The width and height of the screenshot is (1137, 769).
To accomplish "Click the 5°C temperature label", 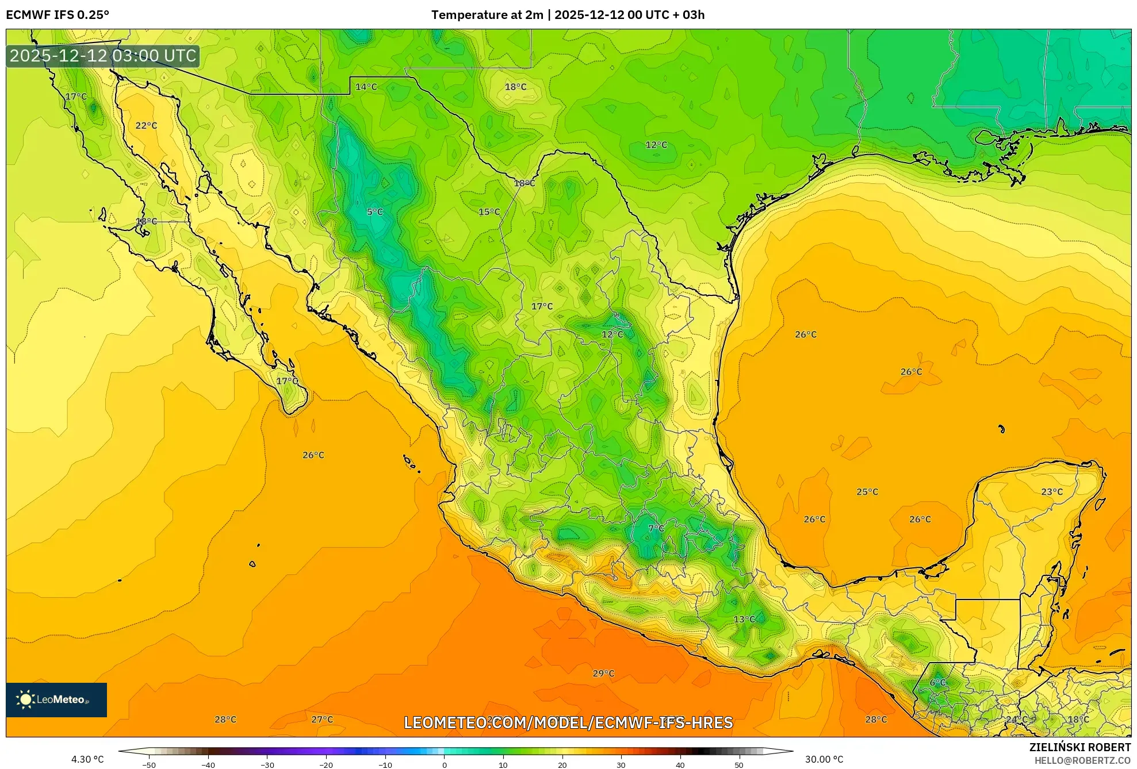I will (x=374, y=212).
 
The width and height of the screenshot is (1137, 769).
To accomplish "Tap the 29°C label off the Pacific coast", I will (x=603, y=674).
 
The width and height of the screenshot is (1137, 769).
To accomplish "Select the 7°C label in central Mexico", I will (x=656, y=529).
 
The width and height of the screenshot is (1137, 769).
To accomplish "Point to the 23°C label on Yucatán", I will (x=1052, y=492).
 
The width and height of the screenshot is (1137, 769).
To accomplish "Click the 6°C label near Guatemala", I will (x=937, y=683).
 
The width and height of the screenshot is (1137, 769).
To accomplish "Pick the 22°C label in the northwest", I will (x=146, y=126).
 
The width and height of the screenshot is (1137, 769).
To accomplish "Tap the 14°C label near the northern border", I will (x=366, y=87).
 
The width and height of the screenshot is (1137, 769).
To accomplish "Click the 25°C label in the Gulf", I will (x=867, y=492).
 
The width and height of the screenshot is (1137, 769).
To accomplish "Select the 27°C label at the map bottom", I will (x=322, y=720).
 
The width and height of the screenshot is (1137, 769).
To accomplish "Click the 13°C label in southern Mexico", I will (x=744, y=620).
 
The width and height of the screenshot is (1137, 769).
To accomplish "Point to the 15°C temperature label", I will (x=489, y=212).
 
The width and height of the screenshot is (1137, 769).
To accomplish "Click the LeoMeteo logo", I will (x=56, y=699).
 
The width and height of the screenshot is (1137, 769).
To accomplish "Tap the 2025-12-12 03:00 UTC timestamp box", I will (x=103, y=56).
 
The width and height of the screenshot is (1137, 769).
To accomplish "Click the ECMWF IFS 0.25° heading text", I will (x=58, y=15).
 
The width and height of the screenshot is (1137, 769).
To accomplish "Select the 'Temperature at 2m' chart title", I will (x=487, y=15).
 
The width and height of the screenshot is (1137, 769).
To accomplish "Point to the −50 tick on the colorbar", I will (x=149, y=764).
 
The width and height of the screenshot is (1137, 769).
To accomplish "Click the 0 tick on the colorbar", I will (x=444, y=764).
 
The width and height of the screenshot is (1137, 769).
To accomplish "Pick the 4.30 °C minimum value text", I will (x=87, y=759).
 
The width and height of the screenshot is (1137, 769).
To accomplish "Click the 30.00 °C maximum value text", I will (x=824, y=759).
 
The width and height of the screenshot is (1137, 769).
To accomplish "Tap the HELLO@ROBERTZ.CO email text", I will (x=1082, y=760).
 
